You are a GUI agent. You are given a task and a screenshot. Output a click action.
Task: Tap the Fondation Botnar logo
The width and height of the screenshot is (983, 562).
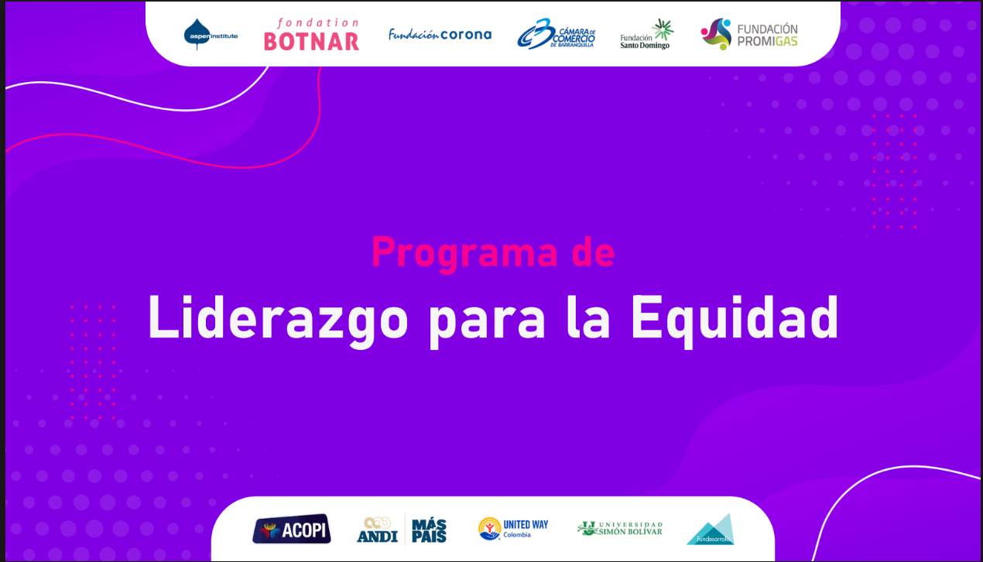point(311,35)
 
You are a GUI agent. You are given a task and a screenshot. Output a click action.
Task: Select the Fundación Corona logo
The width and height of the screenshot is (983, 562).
point(440,34)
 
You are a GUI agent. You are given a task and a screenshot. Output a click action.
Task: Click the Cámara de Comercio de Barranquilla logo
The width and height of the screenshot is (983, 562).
point(556,34)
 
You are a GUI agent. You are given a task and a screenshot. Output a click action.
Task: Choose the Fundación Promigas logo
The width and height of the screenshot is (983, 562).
point(749,35)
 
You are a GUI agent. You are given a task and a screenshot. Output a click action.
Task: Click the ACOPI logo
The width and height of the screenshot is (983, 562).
point(292,529)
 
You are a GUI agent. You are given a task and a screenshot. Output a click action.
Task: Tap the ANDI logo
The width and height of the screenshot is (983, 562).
point(377,530)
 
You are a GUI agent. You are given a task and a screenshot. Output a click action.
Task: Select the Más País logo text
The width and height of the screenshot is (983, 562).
point(429,530)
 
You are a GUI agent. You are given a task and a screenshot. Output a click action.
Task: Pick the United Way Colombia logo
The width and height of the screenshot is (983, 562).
point(513,529)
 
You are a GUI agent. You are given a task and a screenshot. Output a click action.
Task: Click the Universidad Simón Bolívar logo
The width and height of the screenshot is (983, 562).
point(620,529)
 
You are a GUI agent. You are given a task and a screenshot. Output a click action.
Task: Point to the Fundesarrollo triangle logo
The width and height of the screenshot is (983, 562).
point(710,530)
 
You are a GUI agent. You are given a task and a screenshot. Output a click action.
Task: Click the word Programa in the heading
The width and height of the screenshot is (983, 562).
point(464,252)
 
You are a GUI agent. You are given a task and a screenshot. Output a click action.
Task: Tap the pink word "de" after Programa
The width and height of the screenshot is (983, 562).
point(594,252)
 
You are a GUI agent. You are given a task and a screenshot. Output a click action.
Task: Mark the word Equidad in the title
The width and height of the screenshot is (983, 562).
point(735,318)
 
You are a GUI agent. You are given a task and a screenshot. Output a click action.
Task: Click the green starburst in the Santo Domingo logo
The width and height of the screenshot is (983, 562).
point(663,29)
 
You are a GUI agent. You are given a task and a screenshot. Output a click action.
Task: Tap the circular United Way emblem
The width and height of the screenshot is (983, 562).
point(489,529)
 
